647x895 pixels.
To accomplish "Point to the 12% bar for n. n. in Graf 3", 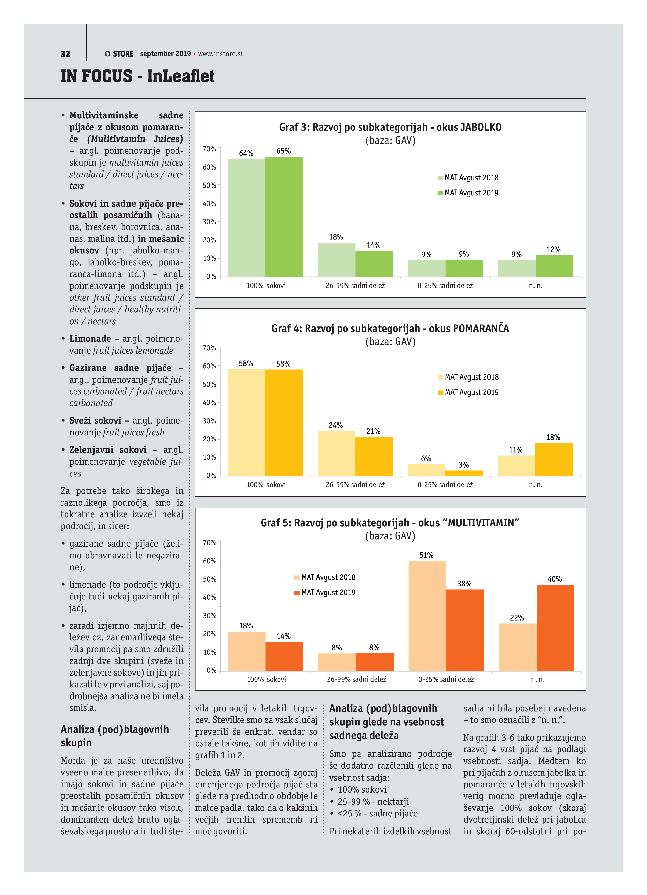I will coord(554,266).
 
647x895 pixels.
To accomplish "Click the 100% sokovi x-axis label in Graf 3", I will coord(266,285).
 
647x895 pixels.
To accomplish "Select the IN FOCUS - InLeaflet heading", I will coord(137,76).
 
